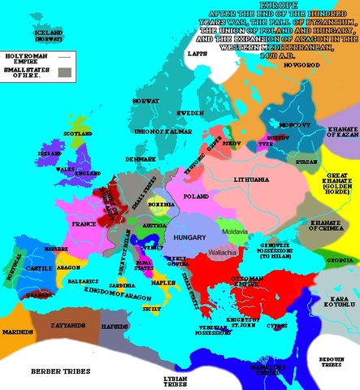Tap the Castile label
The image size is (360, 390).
coord(39,266)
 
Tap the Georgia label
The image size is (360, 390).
coord(342,260)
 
